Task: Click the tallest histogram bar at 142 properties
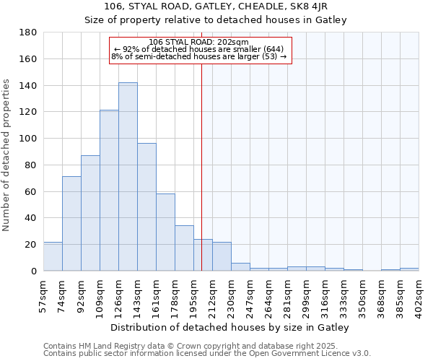[x=128, y=177]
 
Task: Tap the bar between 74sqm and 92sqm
[x=71, y=223]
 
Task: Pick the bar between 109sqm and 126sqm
[x=109, y=191]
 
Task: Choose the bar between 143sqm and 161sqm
[x=146, y=207]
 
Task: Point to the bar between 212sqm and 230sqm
[x=222, y=256]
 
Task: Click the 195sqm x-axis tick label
[x=193, y=293]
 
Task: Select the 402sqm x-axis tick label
[x=419, y=293]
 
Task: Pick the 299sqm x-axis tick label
[x=306, y=293]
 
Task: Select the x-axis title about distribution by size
[x=230, y=328]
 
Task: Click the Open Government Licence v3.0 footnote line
[x=207, y=354]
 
